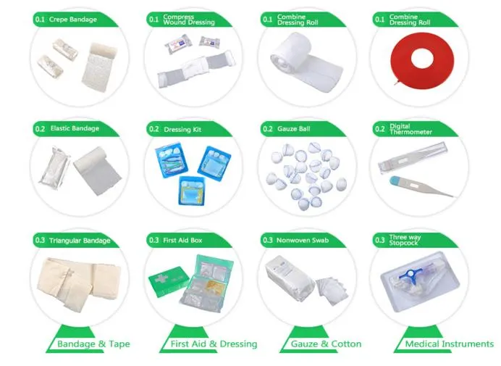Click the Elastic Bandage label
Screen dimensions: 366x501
(75, 129)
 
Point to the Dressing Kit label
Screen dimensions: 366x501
(181, 129)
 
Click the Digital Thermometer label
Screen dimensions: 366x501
(410, 129)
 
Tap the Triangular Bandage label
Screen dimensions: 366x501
(80, 240)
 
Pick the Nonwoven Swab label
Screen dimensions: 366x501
(300, 240)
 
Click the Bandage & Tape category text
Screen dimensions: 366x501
(93, 344)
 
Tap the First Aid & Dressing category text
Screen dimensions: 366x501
(213, 344)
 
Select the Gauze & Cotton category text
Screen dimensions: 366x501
(326, 344)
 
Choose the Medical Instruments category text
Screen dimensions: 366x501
(449, 344)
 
